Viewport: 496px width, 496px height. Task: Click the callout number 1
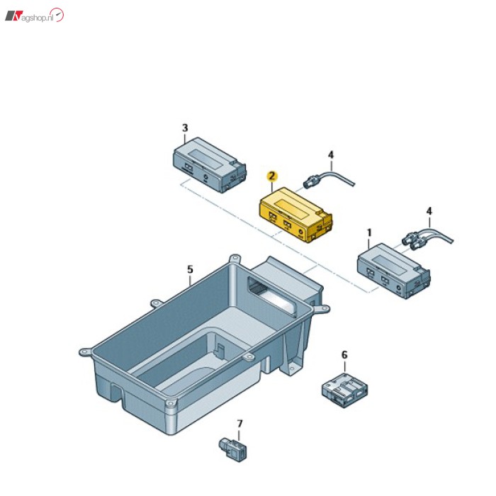click(x=368, y=232)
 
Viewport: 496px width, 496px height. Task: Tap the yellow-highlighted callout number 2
click(x=270, y=175)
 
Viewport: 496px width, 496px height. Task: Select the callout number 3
click(x=185, y=128)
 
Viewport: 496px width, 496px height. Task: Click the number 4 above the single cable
click(x=329, y=154)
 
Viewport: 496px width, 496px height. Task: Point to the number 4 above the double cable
click(x=428, y=211)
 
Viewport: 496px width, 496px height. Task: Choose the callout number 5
click(x=190, y=269)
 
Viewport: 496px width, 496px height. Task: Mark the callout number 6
click(x=344, y=354)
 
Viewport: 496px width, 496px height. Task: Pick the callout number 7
click(x=239, y=424)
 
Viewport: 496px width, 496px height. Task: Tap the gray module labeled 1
click(x=394, y=271)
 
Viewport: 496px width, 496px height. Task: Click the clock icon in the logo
click(x=58, y=15)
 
